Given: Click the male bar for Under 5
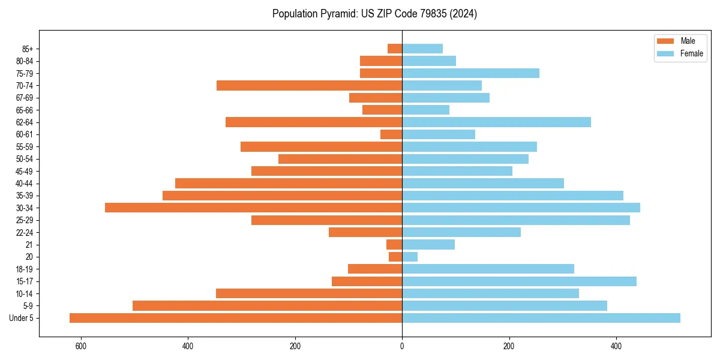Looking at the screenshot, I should pos(236,318).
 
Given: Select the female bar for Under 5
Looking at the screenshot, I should pos(541,318).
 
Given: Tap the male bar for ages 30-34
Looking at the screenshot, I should pos(253,208).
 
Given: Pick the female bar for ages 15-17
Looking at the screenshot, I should pos(519,281).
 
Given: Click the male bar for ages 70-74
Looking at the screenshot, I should pos(309,85).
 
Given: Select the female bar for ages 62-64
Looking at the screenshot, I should pos(496,122).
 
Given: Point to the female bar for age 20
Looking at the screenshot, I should pos(410,257).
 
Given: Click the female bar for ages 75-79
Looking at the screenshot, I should pos(470,73).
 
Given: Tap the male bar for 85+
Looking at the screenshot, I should pos(395,49).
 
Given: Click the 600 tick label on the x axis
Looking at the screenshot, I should pos(80,347).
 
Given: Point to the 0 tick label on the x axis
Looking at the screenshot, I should pos(402,347).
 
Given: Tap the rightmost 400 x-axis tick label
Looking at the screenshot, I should pos(616,347).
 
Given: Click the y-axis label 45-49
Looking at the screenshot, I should pos(24,171).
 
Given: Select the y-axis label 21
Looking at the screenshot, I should pos(29,245).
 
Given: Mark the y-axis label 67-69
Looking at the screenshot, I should pos(24,98).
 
